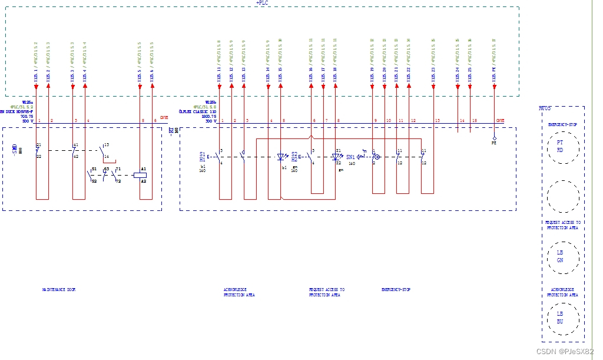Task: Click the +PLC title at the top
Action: tap(262, 3)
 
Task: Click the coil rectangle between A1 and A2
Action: tap(140, 174)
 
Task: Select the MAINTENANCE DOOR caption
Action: tap(59, 290)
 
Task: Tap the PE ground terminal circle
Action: tap(494, 138)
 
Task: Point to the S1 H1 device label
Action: tap(203, 157)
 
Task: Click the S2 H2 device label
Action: tap(294, 157)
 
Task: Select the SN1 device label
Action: tap(351, 157)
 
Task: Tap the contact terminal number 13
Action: tap(106, 145)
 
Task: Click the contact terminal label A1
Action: tap(143, 169)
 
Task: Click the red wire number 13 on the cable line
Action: tap(437, 121)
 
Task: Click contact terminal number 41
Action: tap(75, 145)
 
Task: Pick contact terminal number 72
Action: tap(118, 181)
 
